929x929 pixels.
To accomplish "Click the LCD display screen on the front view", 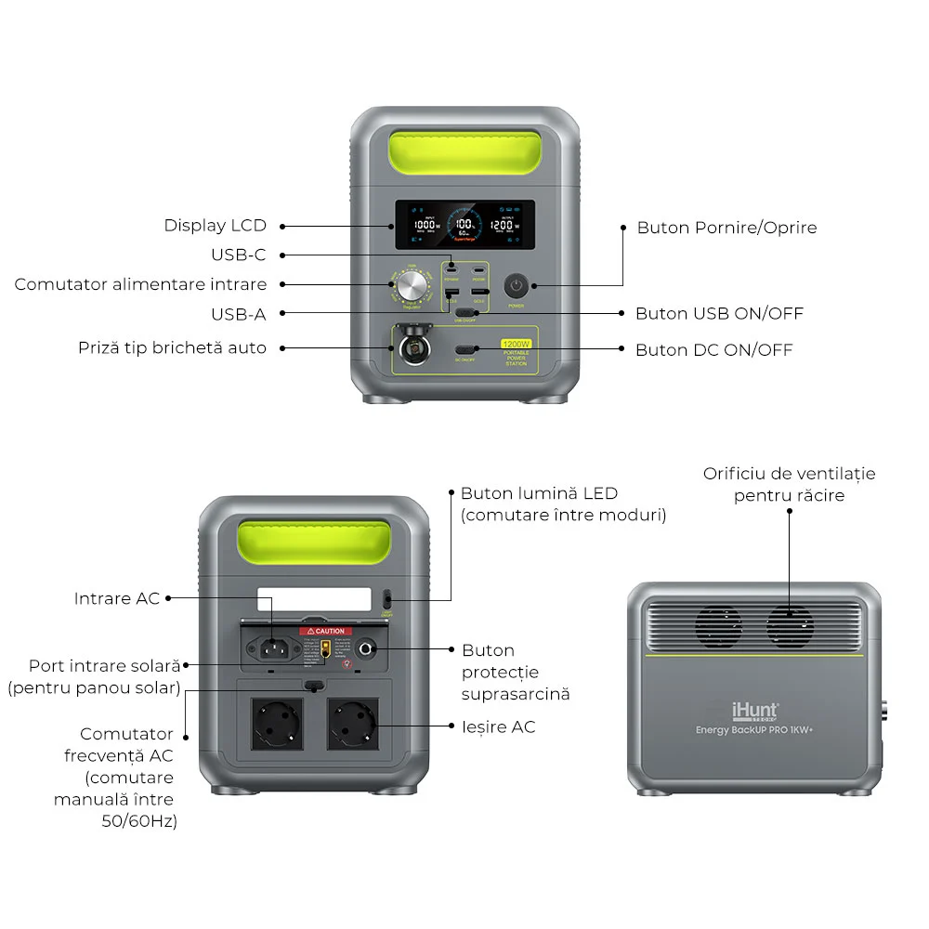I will (x=464, y=225).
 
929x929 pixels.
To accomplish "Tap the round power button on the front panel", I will (x=517, y=285).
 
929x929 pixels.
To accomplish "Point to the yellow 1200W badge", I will (x=516, y=343).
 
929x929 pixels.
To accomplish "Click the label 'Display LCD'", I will (x=215, y=226).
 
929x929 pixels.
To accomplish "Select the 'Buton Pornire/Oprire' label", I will (x=726, y=228).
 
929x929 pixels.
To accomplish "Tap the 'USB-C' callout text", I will (x=238, y=255).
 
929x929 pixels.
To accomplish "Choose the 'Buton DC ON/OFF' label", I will (x=713, y=350).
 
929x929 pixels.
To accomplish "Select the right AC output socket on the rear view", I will (x=352, y=725).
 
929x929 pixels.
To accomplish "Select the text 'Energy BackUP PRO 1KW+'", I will (x=754, y=730).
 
